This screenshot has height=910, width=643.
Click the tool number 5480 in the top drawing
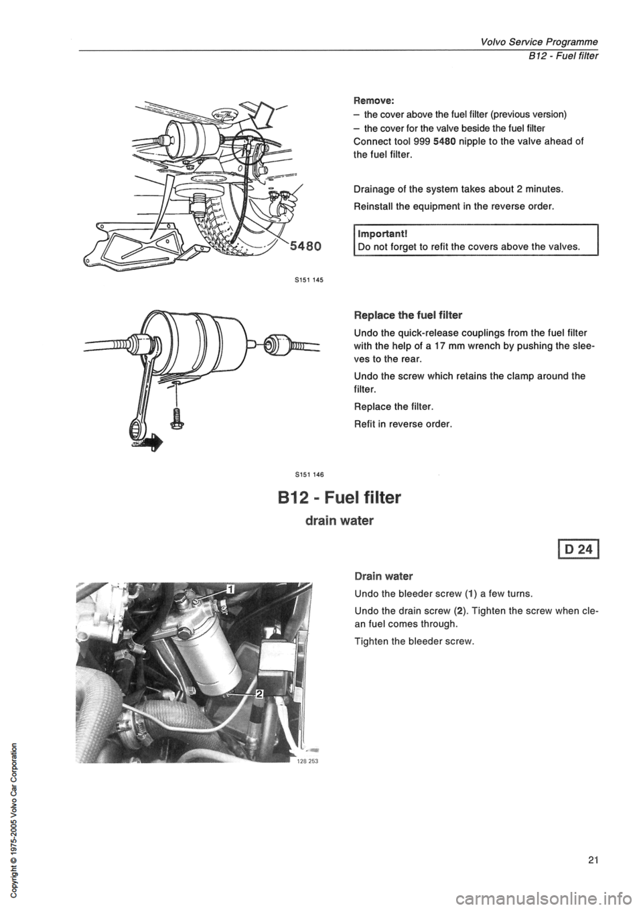[x=305, y=246]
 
